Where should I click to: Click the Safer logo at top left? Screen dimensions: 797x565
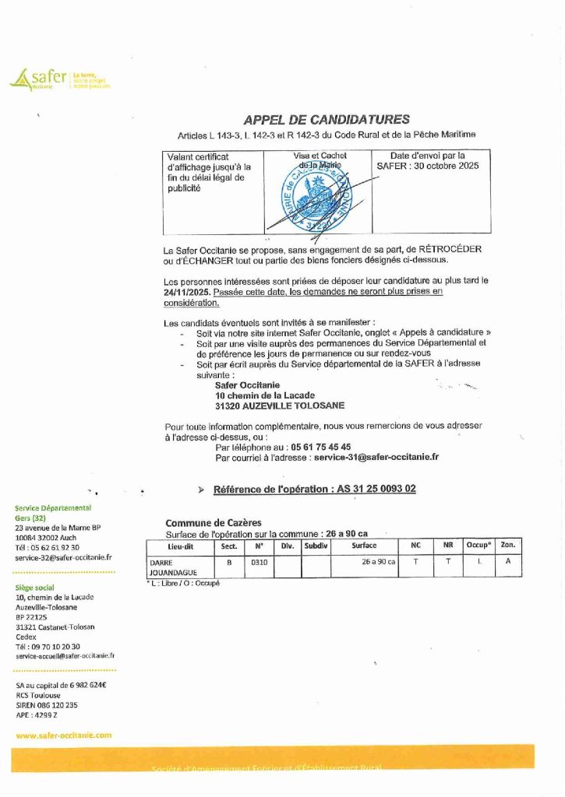(x=59, y=79)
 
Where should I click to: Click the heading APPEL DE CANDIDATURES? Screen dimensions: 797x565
(x=327, y=120)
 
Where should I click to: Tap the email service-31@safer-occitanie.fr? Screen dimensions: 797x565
(x=376, y=458)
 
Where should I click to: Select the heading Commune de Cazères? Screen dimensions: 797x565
(x=214, y=522)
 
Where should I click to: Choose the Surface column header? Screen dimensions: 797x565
(x=364, y=546)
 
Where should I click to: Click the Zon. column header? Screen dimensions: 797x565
(x=507, y=546)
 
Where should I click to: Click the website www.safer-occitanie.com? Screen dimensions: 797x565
(x=64, y=734)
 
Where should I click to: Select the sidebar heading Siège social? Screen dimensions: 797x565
(x=35, y=587)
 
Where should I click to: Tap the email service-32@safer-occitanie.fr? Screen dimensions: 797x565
(x=64, y=557)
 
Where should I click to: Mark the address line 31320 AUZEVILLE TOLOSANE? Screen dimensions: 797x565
(x=279, y=406)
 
